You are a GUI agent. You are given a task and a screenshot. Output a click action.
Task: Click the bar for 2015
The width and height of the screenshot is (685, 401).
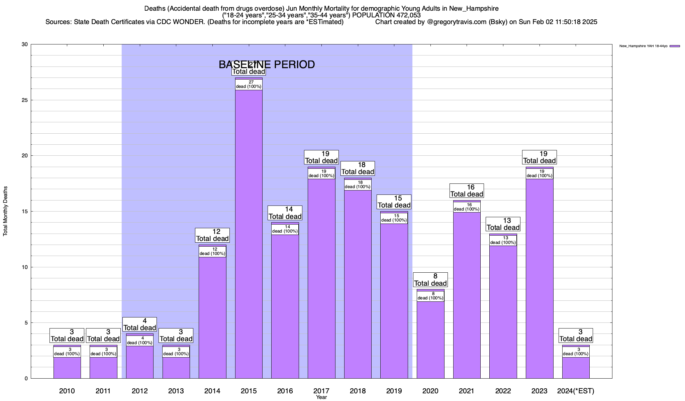tap(249, 234)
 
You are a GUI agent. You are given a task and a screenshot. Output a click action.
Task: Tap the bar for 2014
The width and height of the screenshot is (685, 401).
tap(212, 317)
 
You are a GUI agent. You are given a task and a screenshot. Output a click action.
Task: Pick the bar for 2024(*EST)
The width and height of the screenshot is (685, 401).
tap(576, 368)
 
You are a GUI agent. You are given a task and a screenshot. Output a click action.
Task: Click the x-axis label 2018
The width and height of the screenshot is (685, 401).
tap(358, 391)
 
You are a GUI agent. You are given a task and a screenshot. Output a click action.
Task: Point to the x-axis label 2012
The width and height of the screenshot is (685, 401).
tap(140, 391)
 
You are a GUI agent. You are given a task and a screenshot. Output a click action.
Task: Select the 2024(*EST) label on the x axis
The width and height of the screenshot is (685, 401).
tap(576, 391)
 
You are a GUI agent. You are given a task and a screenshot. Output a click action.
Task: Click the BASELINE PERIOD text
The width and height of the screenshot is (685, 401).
tap(267, 64)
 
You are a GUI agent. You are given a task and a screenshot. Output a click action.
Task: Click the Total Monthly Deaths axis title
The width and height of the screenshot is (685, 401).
tap(5, 211)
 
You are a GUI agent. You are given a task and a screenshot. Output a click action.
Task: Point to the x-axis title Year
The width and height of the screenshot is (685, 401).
tap(321, 397)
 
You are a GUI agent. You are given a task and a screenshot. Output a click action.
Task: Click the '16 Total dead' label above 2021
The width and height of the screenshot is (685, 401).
tap(467, 191)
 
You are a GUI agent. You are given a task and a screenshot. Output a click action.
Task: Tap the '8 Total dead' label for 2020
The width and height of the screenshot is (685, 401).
tap(430, 280)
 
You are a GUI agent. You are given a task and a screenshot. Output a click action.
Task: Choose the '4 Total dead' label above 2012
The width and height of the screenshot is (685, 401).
tap(140, 324)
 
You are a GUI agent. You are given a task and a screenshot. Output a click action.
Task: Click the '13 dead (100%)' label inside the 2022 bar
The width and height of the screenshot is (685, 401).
tap(503, 240)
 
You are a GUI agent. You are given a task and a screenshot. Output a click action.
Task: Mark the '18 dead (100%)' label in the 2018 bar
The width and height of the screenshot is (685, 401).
tap(358, 185)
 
